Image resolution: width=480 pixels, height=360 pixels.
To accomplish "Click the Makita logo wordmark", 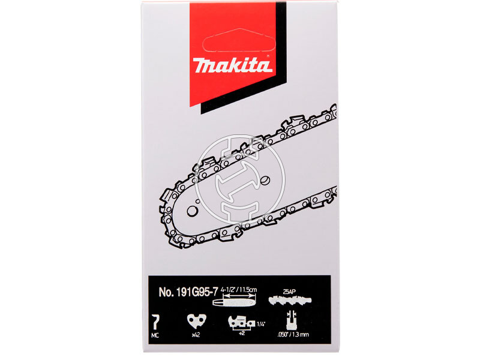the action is [x=232, y=65].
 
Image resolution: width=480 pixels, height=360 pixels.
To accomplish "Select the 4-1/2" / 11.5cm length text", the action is [x=239, y=290].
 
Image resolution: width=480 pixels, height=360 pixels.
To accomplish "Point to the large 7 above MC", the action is [x=156, y=322].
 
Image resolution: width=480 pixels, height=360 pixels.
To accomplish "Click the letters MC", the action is [x=155, y=335].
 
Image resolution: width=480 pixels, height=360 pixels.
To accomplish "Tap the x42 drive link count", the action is [x=196, y=335].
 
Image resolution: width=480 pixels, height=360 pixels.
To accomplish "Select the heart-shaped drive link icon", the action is [x=197, y=322].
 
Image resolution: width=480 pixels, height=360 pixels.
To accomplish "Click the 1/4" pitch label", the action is [x=260, y=324].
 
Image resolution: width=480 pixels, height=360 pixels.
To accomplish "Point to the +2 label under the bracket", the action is [x=242, y=333].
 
